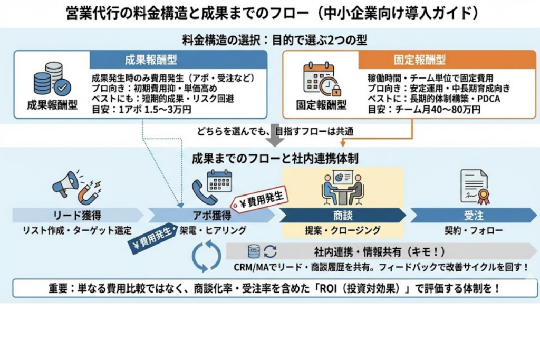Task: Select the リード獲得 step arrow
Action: [77, 215]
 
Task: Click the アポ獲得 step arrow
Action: [211, 215]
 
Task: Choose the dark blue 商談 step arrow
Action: [342, 215]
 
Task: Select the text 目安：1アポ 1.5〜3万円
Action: [141, 110]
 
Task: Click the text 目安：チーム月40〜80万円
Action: [424, 110]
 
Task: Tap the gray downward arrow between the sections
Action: [274, 140]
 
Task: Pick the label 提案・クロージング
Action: [342, 230]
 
